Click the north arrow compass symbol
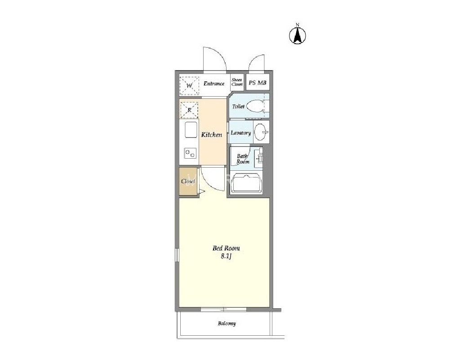tap(297, 35)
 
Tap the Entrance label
tap(214, 84)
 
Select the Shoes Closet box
tap(237, 82)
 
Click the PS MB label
tap(258, 83)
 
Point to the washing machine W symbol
tap(189, 85)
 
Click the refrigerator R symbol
tap(190, 110)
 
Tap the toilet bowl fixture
tap(255, 106)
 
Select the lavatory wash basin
tap(260, 132)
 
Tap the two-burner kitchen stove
tap(190, 153)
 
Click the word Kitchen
tap(212, 134)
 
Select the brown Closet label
tap(188, 181)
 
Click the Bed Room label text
tap(226, 248)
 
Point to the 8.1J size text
tap(226, 257)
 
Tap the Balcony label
tap(227, 324)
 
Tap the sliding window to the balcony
tap(223, 309)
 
